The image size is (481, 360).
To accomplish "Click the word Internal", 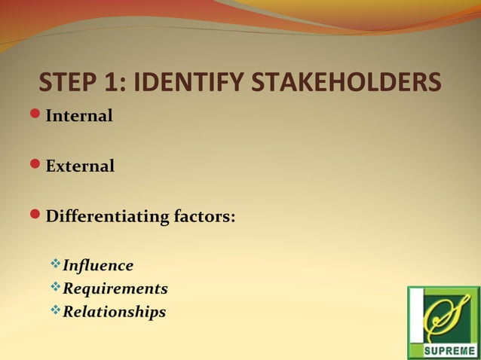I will (79, 117).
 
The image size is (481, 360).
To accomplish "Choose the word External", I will (80, 166).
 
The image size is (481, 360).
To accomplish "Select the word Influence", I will (98, 265).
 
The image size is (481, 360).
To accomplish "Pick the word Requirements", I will (115, 288).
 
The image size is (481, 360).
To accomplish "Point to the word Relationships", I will (114, 311).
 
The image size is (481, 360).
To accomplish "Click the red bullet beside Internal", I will (35, 115).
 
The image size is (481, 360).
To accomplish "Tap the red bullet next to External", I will (35, 164).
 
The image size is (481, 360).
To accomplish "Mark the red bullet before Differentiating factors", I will (35, 216).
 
